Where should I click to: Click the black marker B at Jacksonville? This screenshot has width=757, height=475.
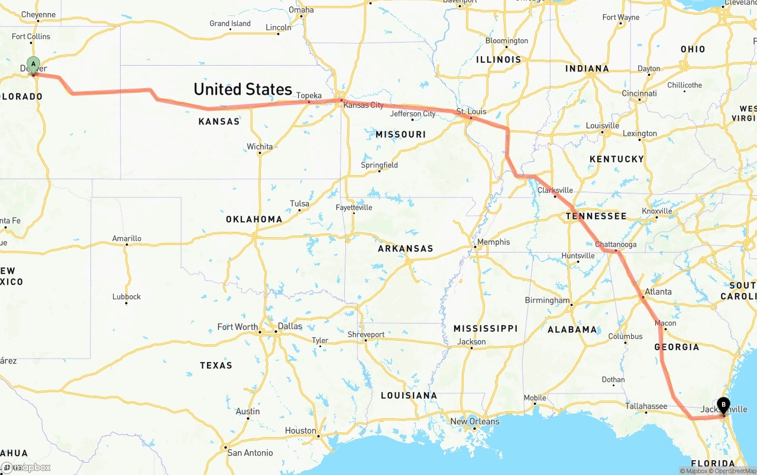click(723, 405)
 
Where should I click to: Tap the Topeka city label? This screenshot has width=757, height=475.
click(309, 95)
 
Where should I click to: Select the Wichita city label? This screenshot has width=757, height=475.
click(260, 146)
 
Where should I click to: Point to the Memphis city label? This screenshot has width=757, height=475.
click(493, 241)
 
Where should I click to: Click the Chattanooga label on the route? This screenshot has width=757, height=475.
click(616, 244)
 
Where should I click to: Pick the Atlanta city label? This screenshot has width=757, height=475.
click(658, 291)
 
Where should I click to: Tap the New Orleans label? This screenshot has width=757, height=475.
click(474, 421)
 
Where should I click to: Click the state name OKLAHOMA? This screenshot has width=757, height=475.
click(254, 219)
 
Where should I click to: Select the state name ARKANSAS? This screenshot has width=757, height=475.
click(405, 248)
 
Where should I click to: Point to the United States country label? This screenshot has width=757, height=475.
click(242, 89)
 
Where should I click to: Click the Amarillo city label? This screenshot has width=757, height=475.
click(127, 238)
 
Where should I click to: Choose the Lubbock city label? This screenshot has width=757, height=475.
click(127, 296)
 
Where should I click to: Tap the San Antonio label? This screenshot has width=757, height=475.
click(250, 453)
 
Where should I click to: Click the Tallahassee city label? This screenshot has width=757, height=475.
click(647, 406)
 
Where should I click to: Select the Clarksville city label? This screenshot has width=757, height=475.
click(555, 190)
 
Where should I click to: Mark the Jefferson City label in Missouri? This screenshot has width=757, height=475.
click(413, 114)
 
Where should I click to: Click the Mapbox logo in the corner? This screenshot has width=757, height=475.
click(26, 467)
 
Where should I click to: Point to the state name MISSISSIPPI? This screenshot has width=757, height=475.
click(485, 328)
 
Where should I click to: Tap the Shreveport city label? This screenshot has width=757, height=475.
click(365, 334)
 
